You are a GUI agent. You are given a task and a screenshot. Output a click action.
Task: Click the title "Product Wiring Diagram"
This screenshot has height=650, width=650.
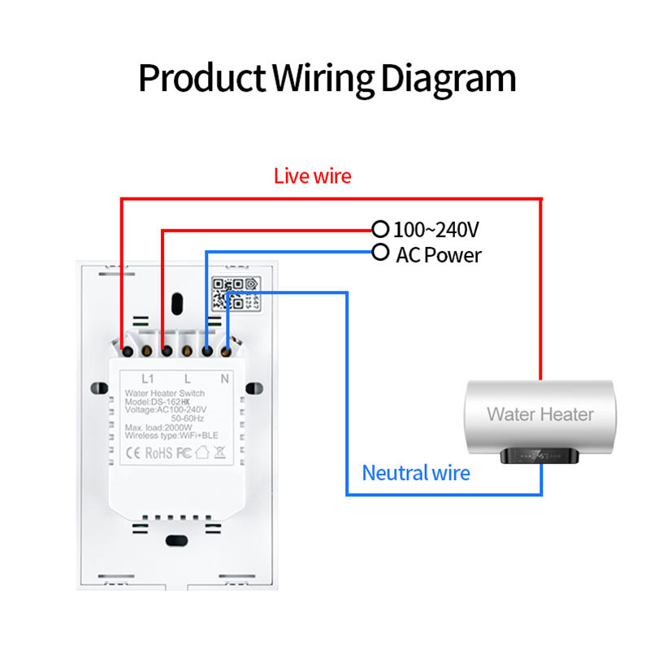point(327,79)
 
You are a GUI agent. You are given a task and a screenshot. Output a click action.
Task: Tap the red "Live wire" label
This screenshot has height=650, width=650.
point(313,175)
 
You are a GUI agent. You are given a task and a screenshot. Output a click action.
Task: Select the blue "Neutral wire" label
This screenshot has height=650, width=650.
point(416,472)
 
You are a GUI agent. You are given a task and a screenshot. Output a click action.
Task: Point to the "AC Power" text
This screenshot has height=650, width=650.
point(439,255)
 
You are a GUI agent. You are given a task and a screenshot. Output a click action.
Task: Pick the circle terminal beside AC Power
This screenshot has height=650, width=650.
point(379,252)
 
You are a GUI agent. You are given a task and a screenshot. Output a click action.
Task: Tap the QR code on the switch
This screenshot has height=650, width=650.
point(228,293)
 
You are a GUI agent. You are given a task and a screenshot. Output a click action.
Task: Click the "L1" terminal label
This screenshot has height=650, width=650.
point(148,378)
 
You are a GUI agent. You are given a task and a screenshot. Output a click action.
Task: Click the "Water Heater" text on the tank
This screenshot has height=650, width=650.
point(540,414)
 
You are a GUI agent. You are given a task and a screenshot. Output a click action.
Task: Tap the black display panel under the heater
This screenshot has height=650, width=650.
point(537,457)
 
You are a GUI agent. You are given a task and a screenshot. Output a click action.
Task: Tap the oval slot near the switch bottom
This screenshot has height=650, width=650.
point(176,541)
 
